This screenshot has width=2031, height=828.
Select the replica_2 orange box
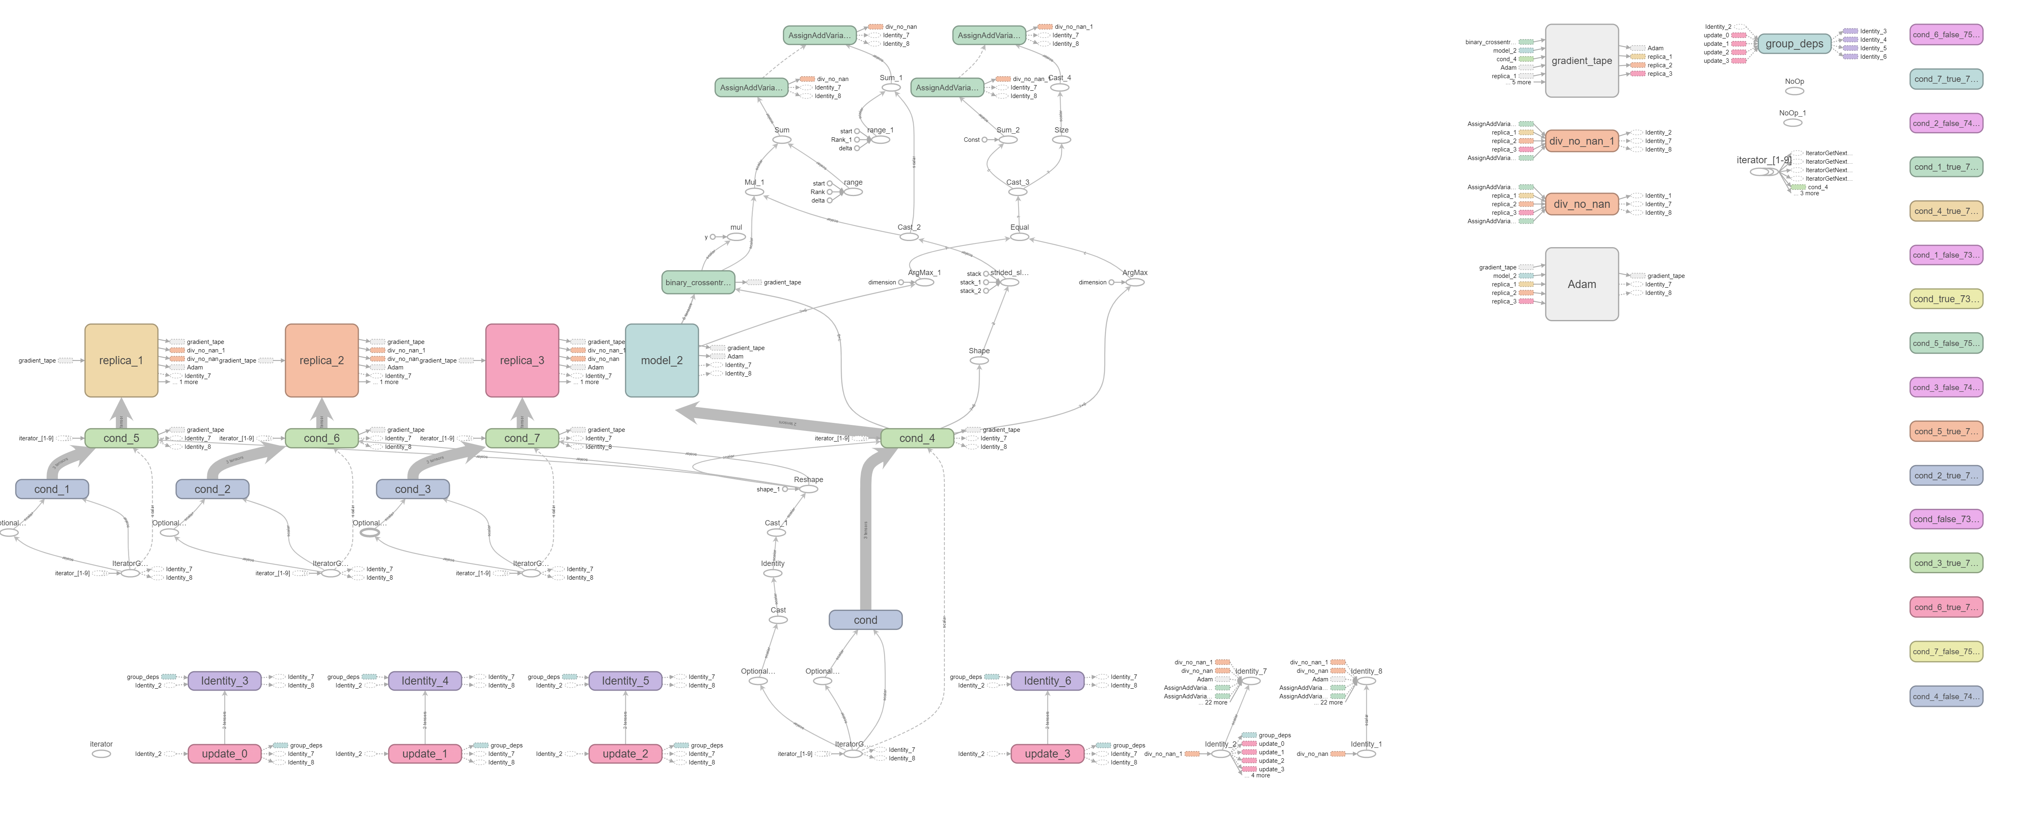tap(322, 361)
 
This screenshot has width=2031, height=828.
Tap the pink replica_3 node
tap(522, 361)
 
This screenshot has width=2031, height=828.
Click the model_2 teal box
tap(661, 361)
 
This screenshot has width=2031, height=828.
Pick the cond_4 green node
tap(917, 438)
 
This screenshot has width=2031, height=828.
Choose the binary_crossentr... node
tap(698, 282)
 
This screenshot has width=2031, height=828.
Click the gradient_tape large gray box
tap(1582, 61)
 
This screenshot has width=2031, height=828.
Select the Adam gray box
tap(1582, 284)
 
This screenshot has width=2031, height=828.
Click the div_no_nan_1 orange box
tap(1582, 141)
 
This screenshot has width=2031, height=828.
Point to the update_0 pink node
tap(225, 754)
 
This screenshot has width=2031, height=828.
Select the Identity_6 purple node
tap(1047, 681)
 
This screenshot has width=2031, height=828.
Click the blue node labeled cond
tap(865, 620)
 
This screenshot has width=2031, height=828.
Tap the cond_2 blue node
tap(212, 489)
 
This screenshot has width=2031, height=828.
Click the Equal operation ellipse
tap(1019, 237)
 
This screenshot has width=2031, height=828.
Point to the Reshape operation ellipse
tap(808, 489)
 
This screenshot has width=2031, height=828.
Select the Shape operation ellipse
tap(978, 361)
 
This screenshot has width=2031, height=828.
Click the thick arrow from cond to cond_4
tap(866, 536)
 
